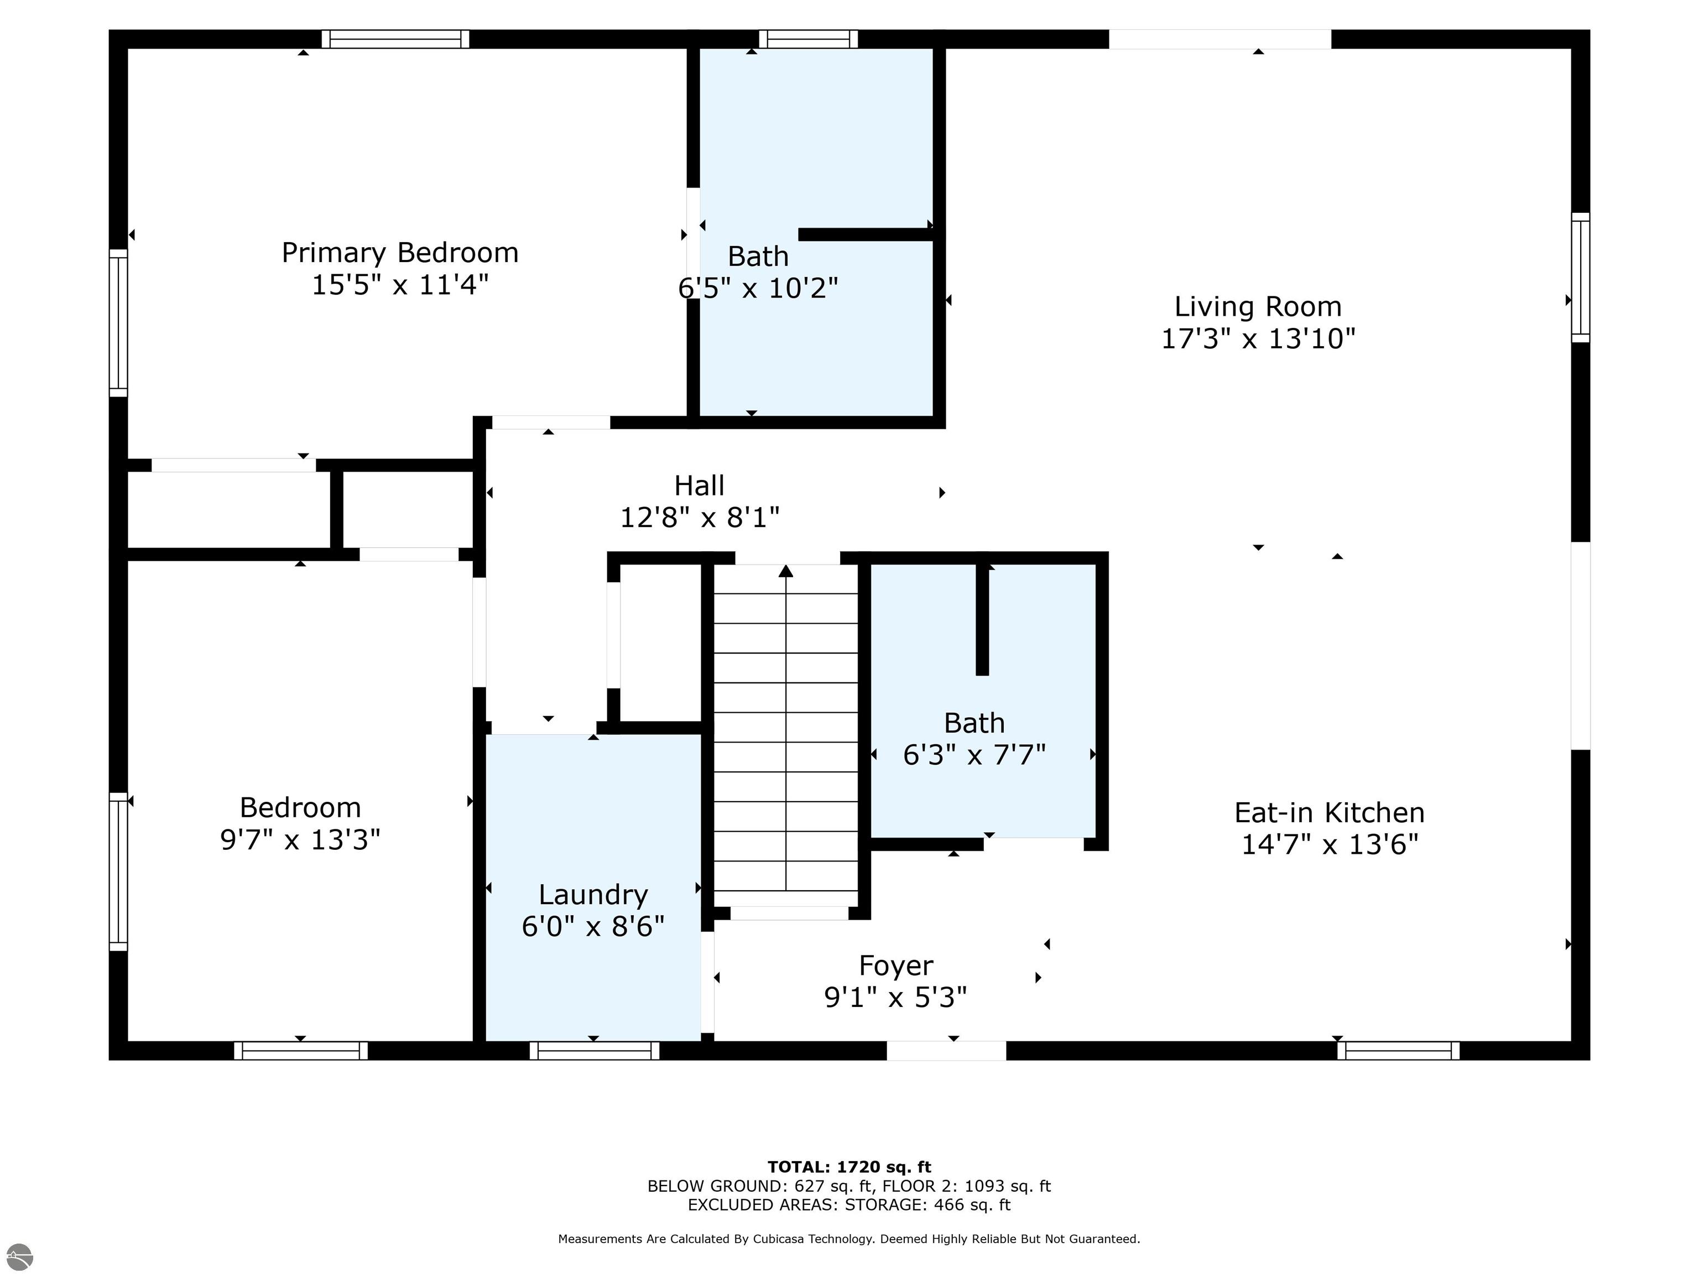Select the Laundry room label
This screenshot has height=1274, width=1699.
tap(593, 895)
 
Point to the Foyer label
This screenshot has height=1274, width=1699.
tap(895, 965)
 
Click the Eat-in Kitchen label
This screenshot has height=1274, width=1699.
tap(1329, 812)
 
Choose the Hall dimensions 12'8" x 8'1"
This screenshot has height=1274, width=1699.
tap(699, 518)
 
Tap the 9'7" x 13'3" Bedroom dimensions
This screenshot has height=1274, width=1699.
tap(300, 839)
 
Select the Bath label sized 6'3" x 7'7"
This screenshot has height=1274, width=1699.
tap(974, 723)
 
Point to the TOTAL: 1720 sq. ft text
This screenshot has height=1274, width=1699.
tap(849, 1167)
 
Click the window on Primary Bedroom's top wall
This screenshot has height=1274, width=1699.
tap(395, 39)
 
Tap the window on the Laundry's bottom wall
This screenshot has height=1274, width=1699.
tap(594, 1051)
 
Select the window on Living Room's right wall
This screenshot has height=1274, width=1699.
tap(1580, 277)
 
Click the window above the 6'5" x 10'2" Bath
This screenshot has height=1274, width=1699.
tap(808, 39)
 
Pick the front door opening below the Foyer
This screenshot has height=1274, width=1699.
tap(946, 1051)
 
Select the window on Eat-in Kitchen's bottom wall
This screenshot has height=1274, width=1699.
tap(1398, 1051)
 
